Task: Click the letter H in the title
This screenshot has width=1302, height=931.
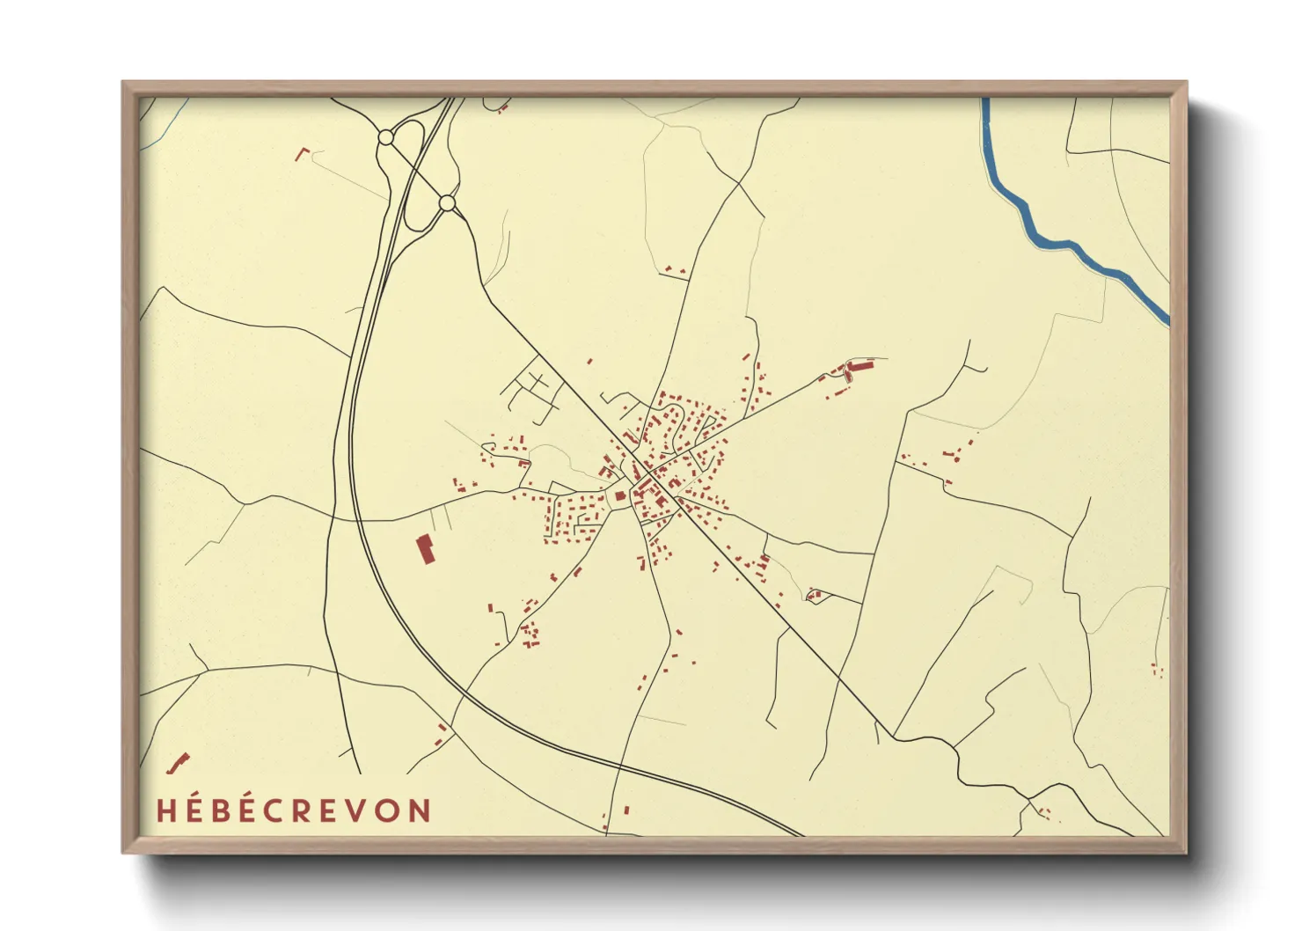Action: [167, 810]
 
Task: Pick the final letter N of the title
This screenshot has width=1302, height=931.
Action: [421, 810]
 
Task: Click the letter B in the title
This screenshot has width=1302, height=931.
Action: [221, 810]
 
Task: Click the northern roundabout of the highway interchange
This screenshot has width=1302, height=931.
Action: [385, 137]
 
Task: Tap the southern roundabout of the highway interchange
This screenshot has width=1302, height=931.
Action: [447, 203]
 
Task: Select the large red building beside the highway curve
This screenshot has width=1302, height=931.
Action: [426, 549]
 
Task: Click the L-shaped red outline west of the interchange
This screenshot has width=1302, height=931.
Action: [302, 154]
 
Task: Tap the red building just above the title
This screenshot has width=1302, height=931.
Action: [179, 763]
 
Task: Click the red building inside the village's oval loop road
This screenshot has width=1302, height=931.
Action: [619, 496]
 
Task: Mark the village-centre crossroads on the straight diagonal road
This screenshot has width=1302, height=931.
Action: [647, 474]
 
